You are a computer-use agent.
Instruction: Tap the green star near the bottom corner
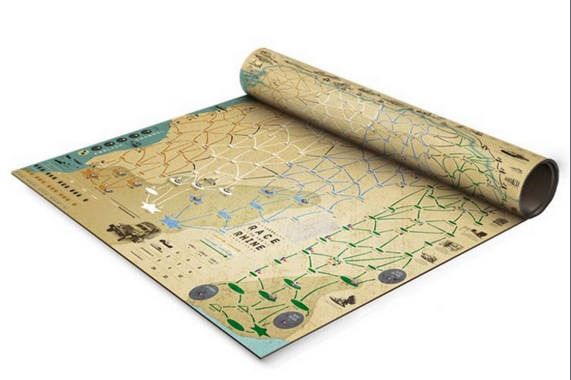[x=258, y=331]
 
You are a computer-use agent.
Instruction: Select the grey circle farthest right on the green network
[x=391, y=275]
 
